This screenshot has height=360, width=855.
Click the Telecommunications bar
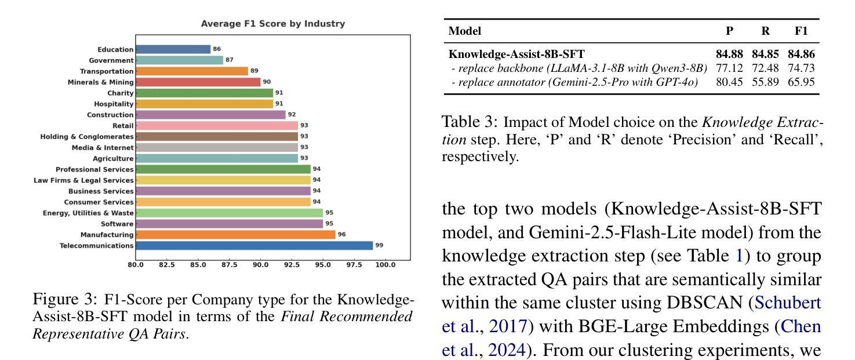point(254,246)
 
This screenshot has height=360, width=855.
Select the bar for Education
point(173,49)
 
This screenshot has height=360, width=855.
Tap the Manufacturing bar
point(235,235)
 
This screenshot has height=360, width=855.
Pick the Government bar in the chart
point(179,60)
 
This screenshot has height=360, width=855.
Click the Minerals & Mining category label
point(100,82)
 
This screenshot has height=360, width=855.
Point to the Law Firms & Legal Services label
point(83,180)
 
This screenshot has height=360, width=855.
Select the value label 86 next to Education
point(217,49)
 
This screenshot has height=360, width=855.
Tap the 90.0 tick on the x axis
point(260,265)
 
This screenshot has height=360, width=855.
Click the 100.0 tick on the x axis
point(385,265)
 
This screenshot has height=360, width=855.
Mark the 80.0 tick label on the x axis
point(136,265)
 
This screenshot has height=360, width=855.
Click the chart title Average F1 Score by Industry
point(272,24)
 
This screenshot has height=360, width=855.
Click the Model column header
point(465,31)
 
